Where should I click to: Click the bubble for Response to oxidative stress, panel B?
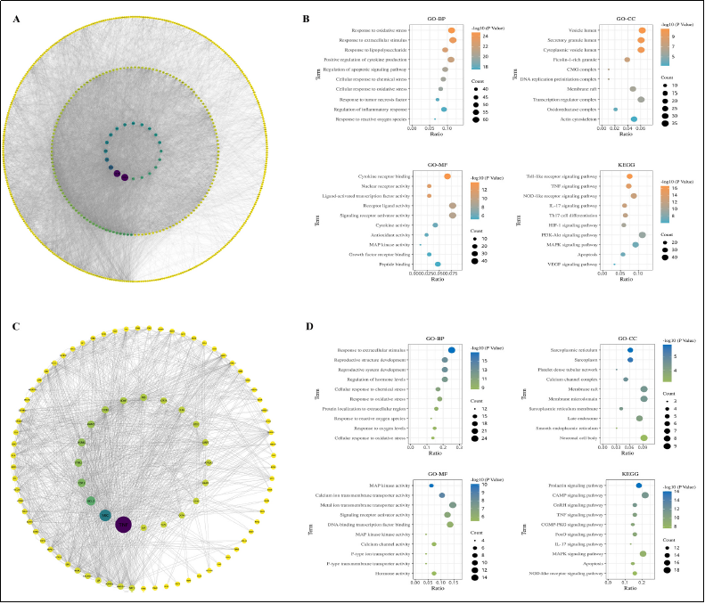(x=453, y=29)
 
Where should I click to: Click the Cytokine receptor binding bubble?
(x=447, y=176)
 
